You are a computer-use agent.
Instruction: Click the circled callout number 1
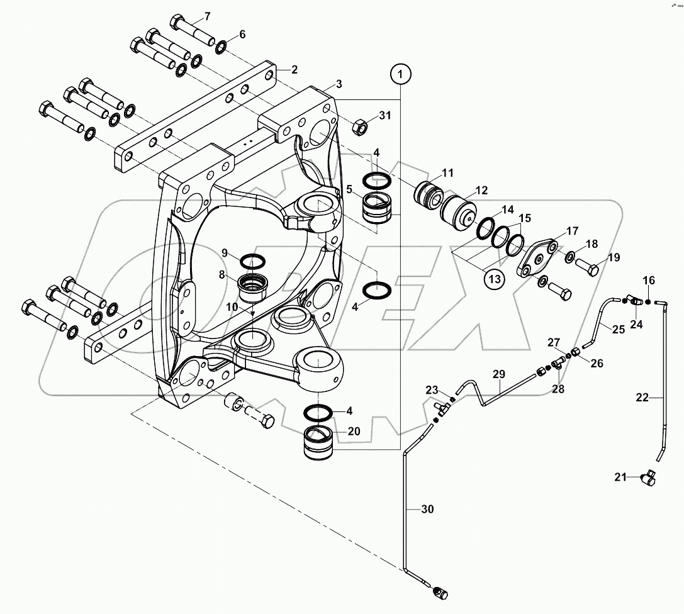[401, 75]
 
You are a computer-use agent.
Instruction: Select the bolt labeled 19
[590, 270]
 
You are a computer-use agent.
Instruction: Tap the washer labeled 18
[568, 257]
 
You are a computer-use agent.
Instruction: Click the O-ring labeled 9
[252, 260]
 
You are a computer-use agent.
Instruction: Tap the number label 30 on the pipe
[427, 510]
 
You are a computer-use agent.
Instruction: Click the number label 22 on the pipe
[641, 397]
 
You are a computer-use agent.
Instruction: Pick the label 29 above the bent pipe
[498, 374]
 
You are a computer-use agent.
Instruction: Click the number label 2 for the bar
[293, 69]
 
